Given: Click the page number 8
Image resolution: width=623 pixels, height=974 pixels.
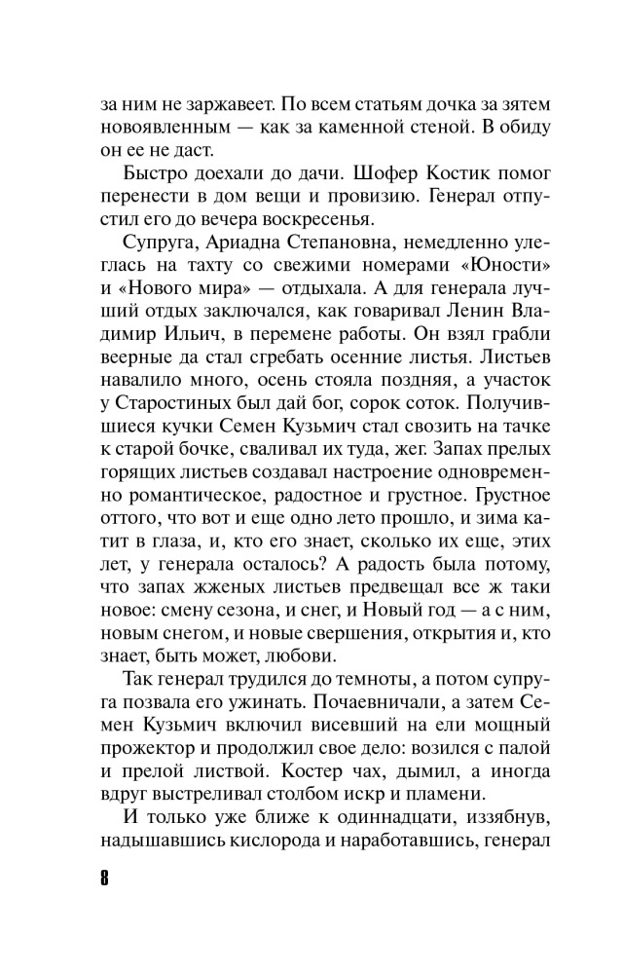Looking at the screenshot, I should pyautogui.click(x=104, y=873).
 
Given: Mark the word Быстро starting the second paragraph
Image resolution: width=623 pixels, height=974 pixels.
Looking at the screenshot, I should pyautogui.click(x=156, y=176).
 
